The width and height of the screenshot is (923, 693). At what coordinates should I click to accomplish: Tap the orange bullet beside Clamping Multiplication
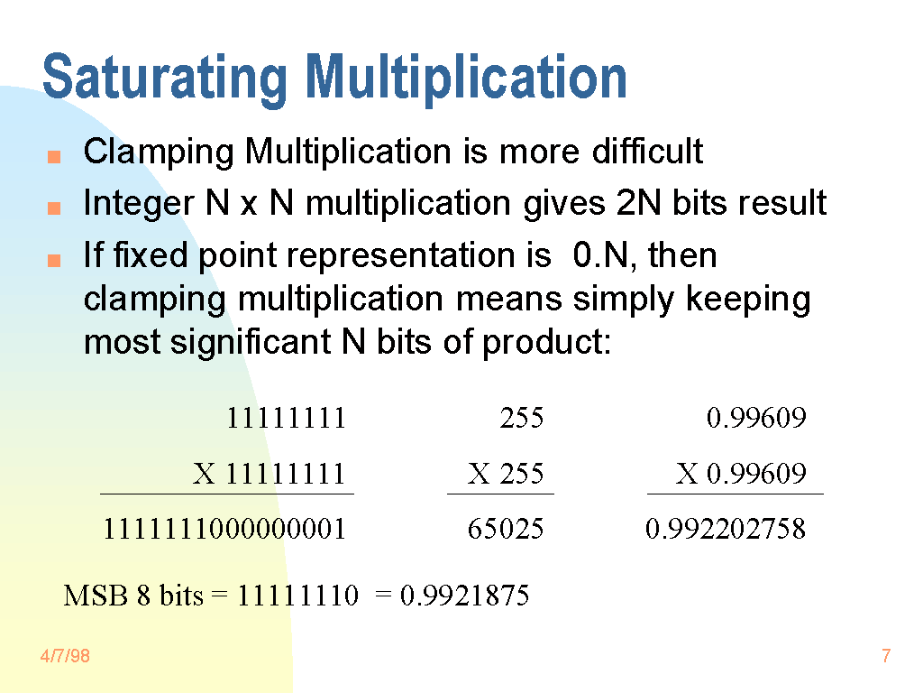click(x=54, y=156)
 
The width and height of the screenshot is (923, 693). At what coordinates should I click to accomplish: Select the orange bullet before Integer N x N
click(x=54, y=208)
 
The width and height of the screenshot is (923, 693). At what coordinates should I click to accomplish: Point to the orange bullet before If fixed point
click(x=54, y=260)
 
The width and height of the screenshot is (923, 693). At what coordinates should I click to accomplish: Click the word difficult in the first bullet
click(x=647, y=151)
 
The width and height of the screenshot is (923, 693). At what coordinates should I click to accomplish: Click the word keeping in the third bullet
click(x=748, y=300)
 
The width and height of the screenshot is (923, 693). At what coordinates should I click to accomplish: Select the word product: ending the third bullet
click(x=547, y=342)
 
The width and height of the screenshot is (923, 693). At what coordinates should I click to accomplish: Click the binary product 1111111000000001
click(x=224, y=528)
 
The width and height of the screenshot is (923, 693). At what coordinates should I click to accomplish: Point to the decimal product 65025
click(x=506, y=528)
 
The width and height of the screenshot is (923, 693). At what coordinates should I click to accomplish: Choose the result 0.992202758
click(x=726, y=528)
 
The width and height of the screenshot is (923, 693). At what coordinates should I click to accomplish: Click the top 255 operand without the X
click(x=522, y=418)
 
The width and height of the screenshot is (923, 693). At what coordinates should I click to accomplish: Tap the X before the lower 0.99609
click(x=686, y=473)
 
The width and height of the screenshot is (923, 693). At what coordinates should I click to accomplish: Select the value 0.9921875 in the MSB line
click(x=464, y=596)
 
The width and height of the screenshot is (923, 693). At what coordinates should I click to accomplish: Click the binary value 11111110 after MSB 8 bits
click(x=297, y=596)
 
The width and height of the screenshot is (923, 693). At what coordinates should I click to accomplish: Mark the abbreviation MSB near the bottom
click(x=96, y=596)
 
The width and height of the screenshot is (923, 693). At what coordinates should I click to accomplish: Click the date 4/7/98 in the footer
click(x=65, y=656)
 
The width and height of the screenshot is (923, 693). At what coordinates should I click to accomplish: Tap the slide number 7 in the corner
click(x=886, y=656)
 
